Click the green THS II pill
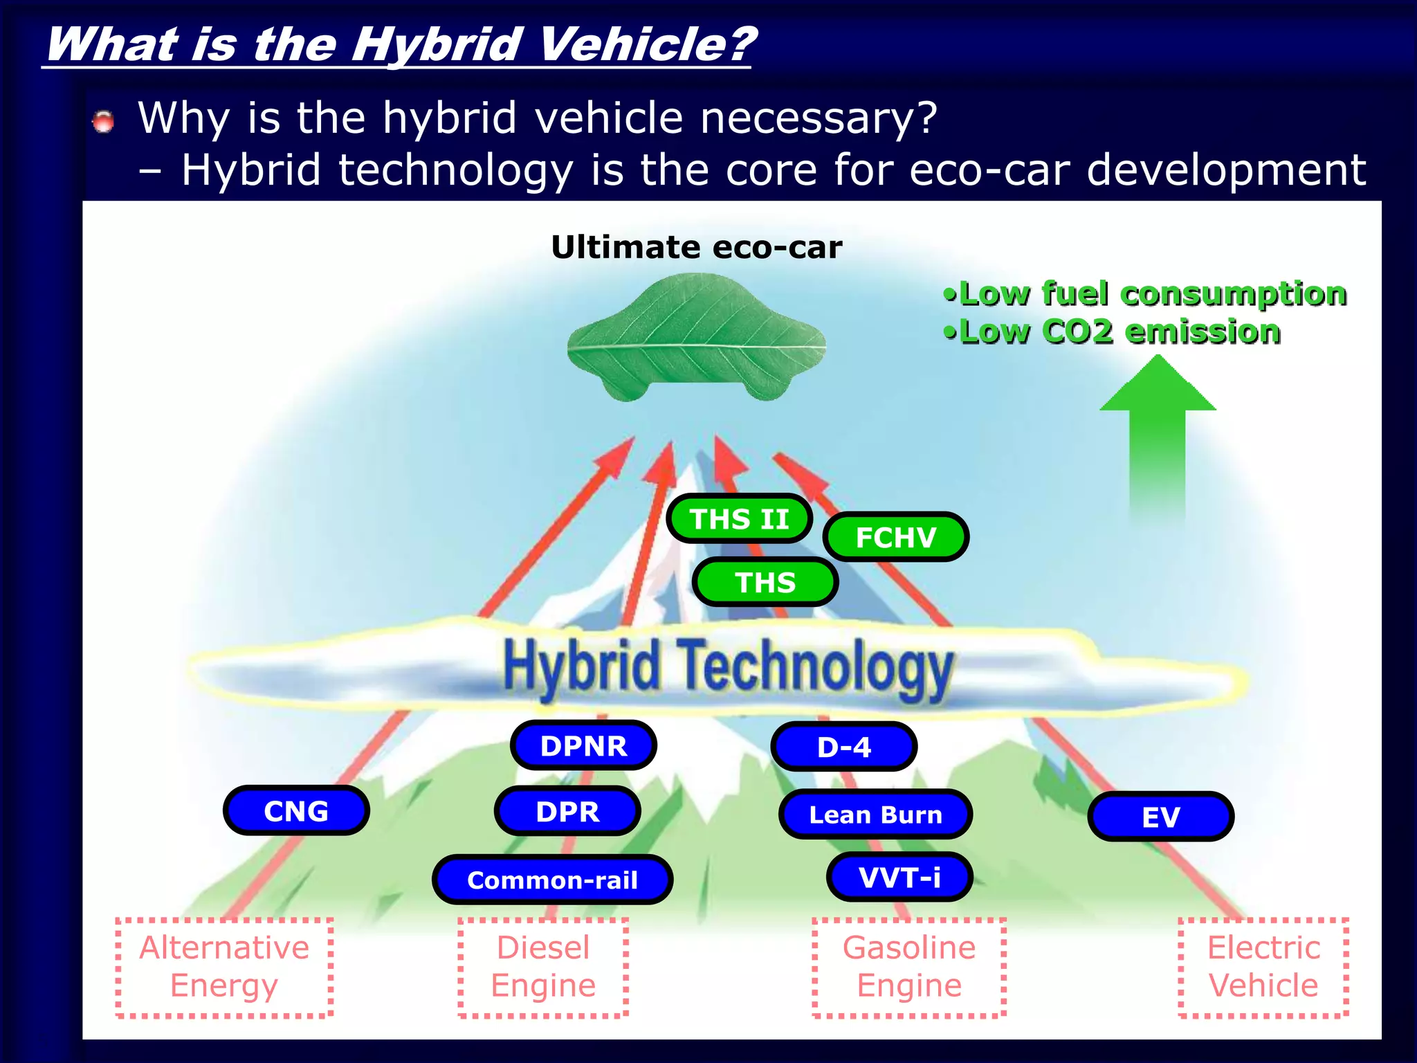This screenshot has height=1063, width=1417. tap(739, 519)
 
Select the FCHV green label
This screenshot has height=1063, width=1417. tap(895, 537)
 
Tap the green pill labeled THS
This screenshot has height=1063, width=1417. tap(765, 582)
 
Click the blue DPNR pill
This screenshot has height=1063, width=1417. tap(583, 745)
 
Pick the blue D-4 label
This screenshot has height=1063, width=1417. tap(843, 747)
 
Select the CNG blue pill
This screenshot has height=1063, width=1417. tap(296, 810)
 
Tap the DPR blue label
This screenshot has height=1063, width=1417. tap(567, 811)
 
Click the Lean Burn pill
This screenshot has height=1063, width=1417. tap(875, 815)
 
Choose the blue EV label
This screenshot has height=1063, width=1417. tap(1160, 817)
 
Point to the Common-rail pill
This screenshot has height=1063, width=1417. tap(552, 880)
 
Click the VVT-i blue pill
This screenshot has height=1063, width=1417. tap(899, 877)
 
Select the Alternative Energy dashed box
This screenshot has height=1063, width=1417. tap(224, 967)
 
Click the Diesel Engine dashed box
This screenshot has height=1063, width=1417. tap(543, 967)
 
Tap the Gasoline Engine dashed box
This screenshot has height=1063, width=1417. tap(908, 967)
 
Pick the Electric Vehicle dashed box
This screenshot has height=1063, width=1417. tap(1263, 967)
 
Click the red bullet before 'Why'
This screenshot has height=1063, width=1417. tap(104, 122)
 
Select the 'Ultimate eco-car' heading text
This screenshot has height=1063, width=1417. tap(696, 247)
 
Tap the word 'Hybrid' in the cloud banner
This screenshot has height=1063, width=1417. tap(581, 666)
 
